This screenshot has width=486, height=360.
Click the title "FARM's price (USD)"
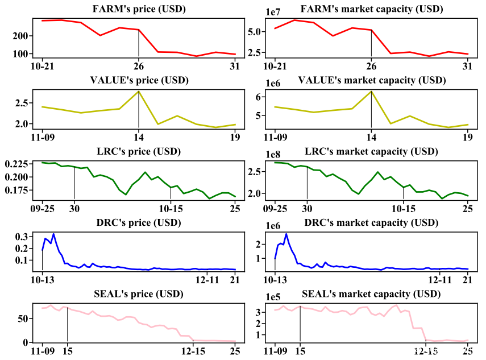coord(139,9)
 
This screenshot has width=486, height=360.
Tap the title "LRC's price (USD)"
coord(139,152)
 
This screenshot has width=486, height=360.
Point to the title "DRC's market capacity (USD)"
coord(371,222)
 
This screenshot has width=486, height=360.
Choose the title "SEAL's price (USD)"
coord(139,293)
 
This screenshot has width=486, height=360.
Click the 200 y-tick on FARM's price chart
coord(20,36)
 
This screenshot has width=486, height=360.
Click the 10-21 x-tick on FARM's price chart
coord(42,65)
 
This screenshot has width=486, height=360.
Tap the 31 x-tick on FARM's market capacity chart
coord(468,65)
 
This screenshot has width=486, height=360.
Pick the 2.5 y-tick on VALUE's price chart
coord(21,103)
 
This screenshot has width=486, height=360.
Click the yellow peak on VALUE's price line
coord(139,92)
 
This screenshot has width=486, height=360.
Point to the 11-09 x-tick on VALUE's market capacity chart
coord(275,137)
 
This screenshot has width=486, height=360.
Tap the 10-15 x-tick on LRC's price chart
coord(171,208)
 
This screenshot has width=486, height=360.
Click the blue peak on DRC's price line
coord(53,234)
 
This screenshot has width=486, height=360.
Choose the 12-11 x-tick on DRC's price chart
coord(207,279)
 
